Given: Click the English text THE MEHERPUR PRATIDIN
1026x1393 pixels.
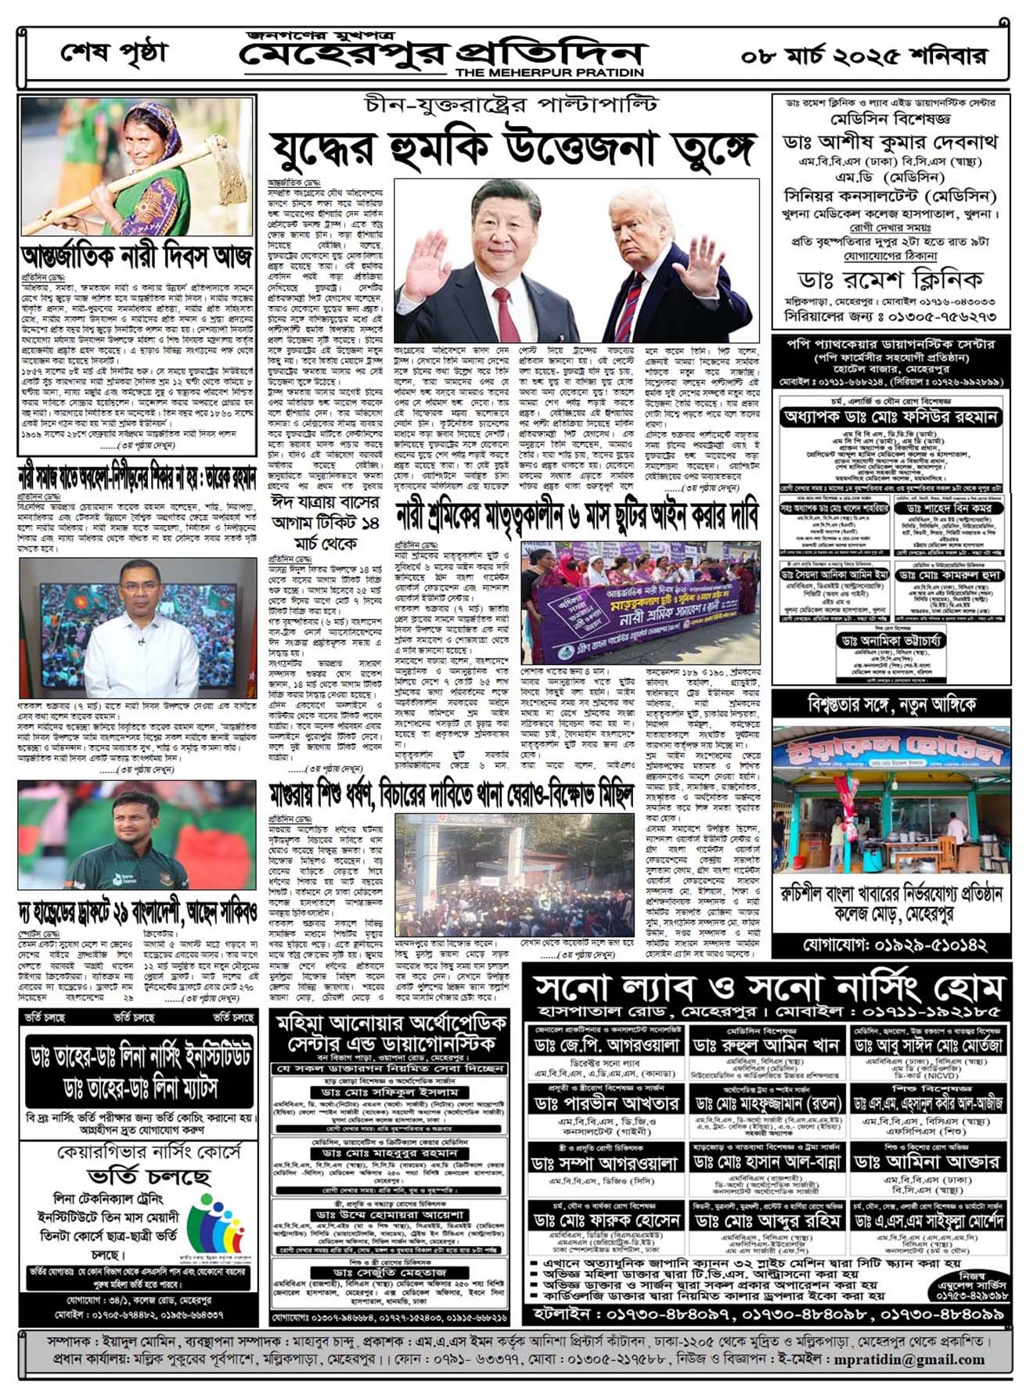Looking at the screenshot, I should coord(549,72).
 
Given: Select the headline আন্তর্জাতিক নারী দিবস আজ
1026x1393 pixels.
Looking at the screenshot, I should coord(137,256).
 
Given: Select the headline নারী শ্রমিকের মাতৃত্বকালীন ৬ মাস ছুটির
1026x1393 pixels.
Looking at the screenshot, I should coord(576,516).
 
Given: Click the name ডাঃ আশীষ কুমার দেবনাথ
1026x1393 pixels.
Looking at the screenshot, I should coord(891,142).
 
